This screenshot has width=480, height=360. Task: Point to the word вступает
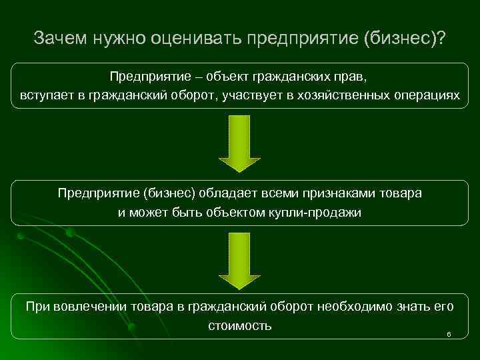pyautogui.click(x=45, y=95)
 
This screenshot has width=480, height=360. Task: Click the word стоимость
pyautogui.click(x=239, y=325)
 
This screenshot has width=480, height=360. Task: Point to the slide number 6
pyautogui.click(x=449, y=333)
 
